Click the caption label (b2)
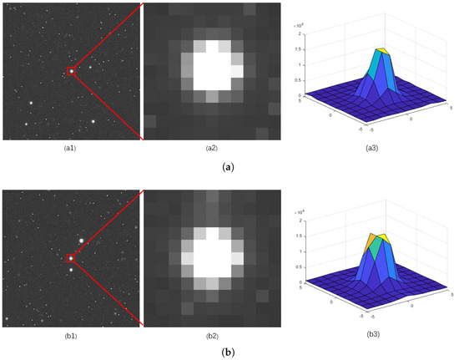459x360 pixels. coord(211,335)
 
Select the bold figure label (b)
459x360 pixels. coord(229,352)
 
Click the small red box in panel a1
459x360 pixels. coord(71,71)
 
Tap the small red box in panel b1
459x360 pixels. coord(71,258)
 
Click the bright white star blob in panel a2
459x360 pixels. coord(211,65)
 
